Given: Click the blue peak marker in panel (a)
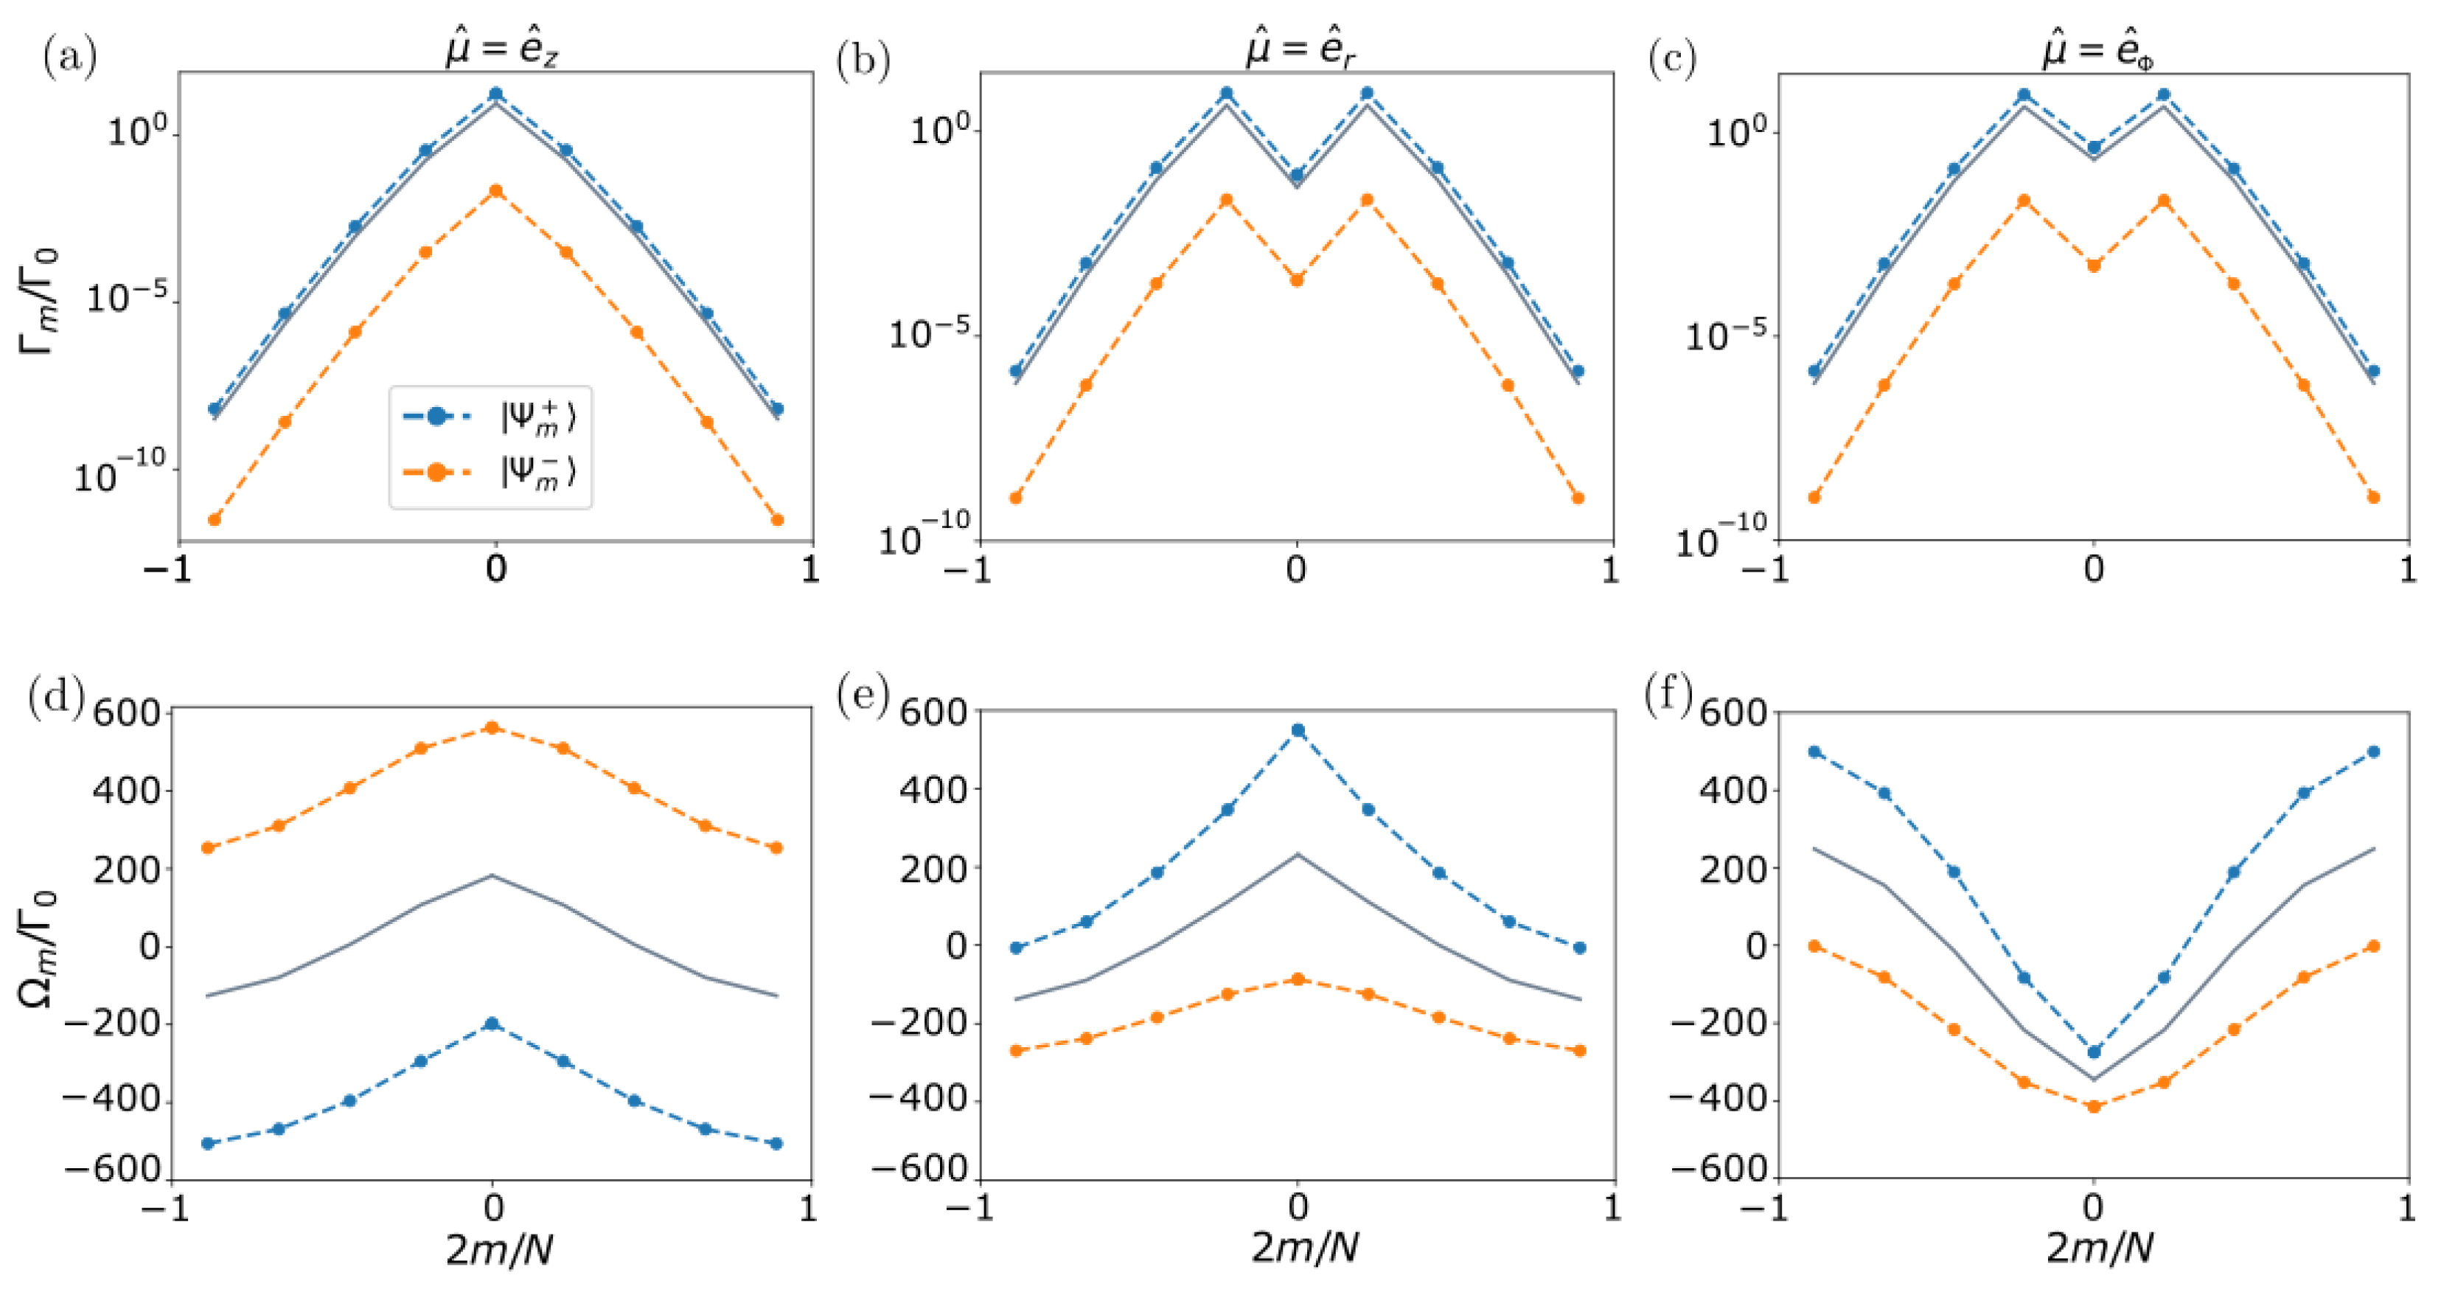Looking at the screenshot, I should [495, 94].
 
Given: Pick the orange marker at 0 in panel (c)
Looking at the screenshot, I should [2094, 265].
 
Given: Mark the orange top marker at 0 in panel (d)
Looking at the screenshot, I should [492, 728].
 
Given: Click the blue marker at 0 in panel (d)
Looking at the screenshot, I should [492, 1024].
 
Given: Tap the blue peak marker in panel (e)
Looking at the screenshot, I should [1298, 731].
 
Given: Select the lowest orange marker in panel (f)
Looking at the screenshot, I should [2094, 1106].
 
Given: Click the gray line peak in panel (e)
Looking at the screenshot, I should [1298, 855].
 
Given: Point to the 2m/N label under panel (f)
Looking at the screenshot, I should [2098, 1248].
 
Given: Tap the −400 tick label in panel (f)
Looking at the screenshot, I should [1718, 1100].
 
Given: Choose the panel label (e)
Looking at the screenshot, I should [863, 697].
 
